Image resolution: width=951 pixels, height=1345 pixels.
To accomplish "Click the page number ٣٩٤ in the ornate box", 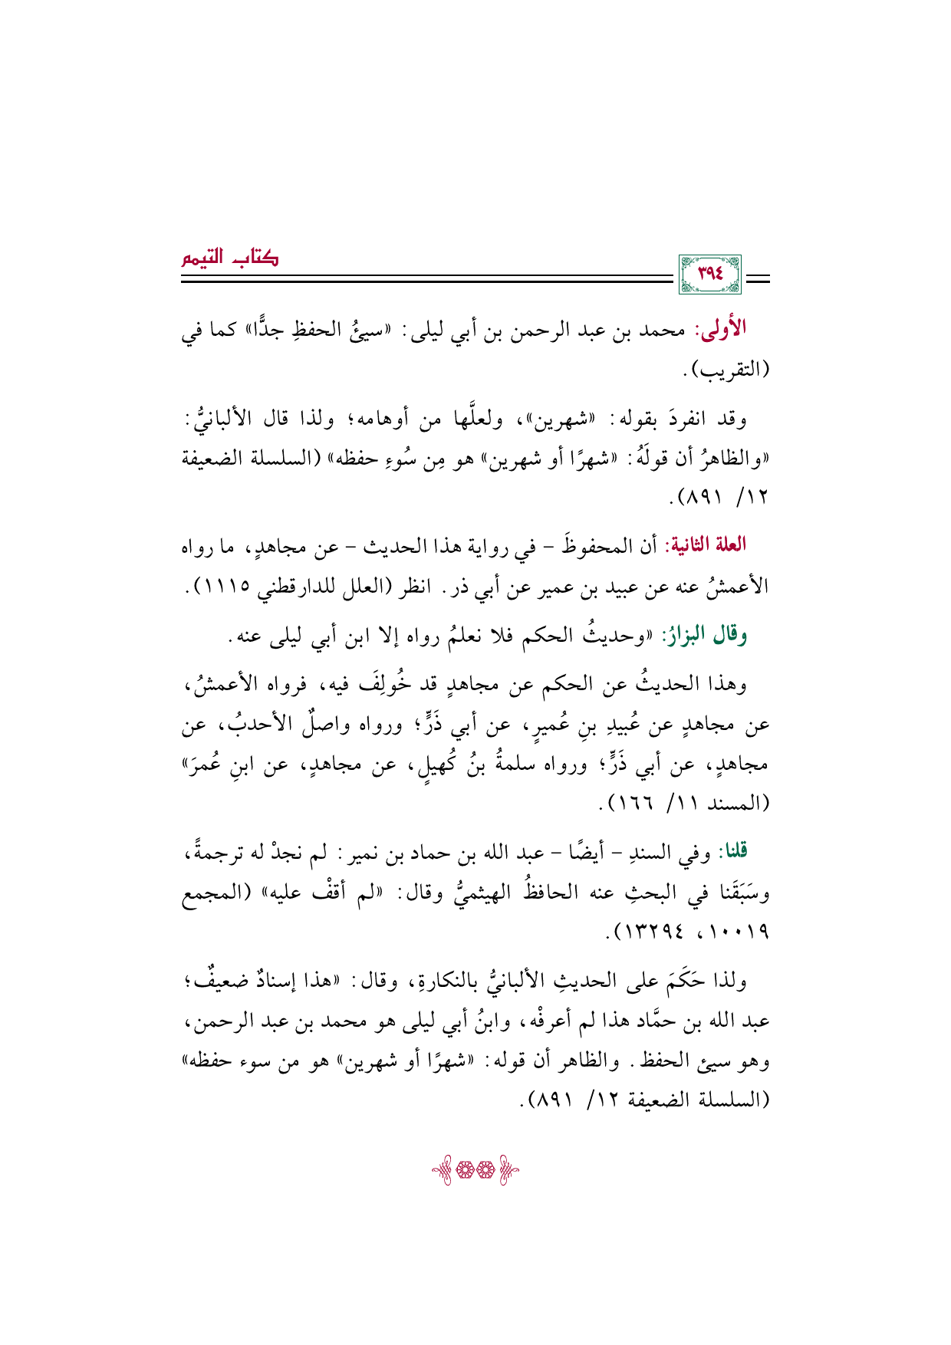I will (710, 274).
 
